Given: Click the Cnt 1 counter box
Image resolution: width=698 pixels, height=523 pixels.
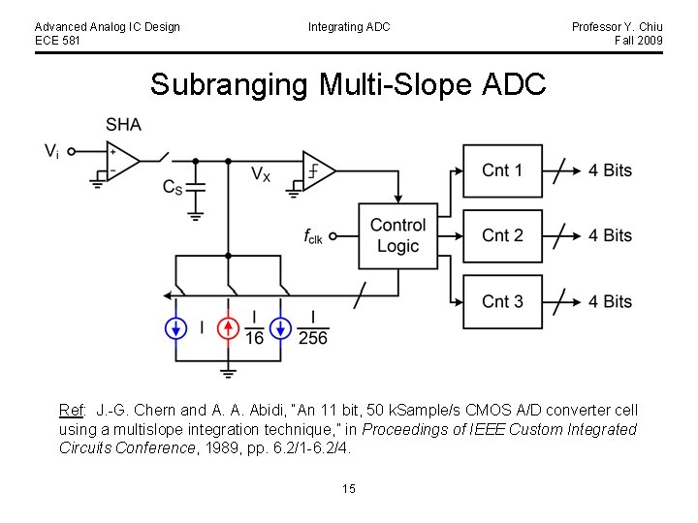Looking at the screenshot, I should (x=502, y=170).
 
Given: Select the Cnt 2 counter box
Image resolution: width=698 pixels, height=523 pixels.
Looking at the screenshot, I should (x=502, y=235).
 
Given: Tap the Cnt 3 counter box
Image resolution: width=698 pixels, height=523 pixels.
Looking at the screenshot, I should (x=502, y=301).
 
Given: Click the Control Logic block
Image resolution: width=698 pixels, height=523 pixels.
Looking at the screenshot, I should (x=397, y=235).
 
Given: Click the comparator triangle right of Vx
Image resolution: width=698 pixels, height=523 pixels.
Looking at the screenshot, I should (x=318, y=171).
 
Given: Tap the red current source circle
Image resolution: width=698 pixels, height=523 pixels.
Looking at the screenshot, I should (x=228, y=328).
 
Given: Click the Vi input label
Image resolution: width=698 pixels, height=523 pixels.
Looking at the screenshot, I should (x=51, y=151).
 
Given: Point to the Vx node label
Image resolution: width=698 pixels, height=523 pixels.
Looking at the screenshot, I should (x=261, y=174).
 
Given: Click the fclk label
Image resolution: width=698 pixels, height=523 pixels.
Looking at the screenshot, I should (x=313, y=235).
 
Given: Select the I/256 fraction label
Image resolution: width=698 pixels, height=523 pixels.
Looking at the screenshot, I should (x=312, y=328).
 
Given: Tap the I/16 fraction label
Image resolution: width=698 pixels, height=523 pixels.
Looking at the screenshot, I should (x=254, y=328).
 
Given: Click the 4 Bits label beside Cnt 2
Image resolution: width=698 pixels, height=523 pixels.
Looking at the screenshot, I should (x=609, y=235).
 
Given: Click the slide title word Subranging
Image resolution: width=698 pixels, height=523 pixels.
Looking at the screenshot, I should (x=227, y=85).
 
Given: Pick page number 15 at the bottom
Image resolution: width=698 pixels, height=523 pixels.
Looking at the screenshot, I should (x=349, y=489).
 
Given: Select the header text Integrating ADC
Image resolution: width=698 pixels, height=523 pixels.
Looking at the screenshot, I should (x=349, y=27).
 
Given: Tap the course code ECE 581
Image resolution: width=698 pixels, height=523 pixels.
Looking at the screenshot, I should (x=58, y=41).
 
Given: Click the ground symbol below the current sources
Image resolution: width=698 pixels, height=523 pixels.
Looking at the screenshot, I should (x=228, y=370).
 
